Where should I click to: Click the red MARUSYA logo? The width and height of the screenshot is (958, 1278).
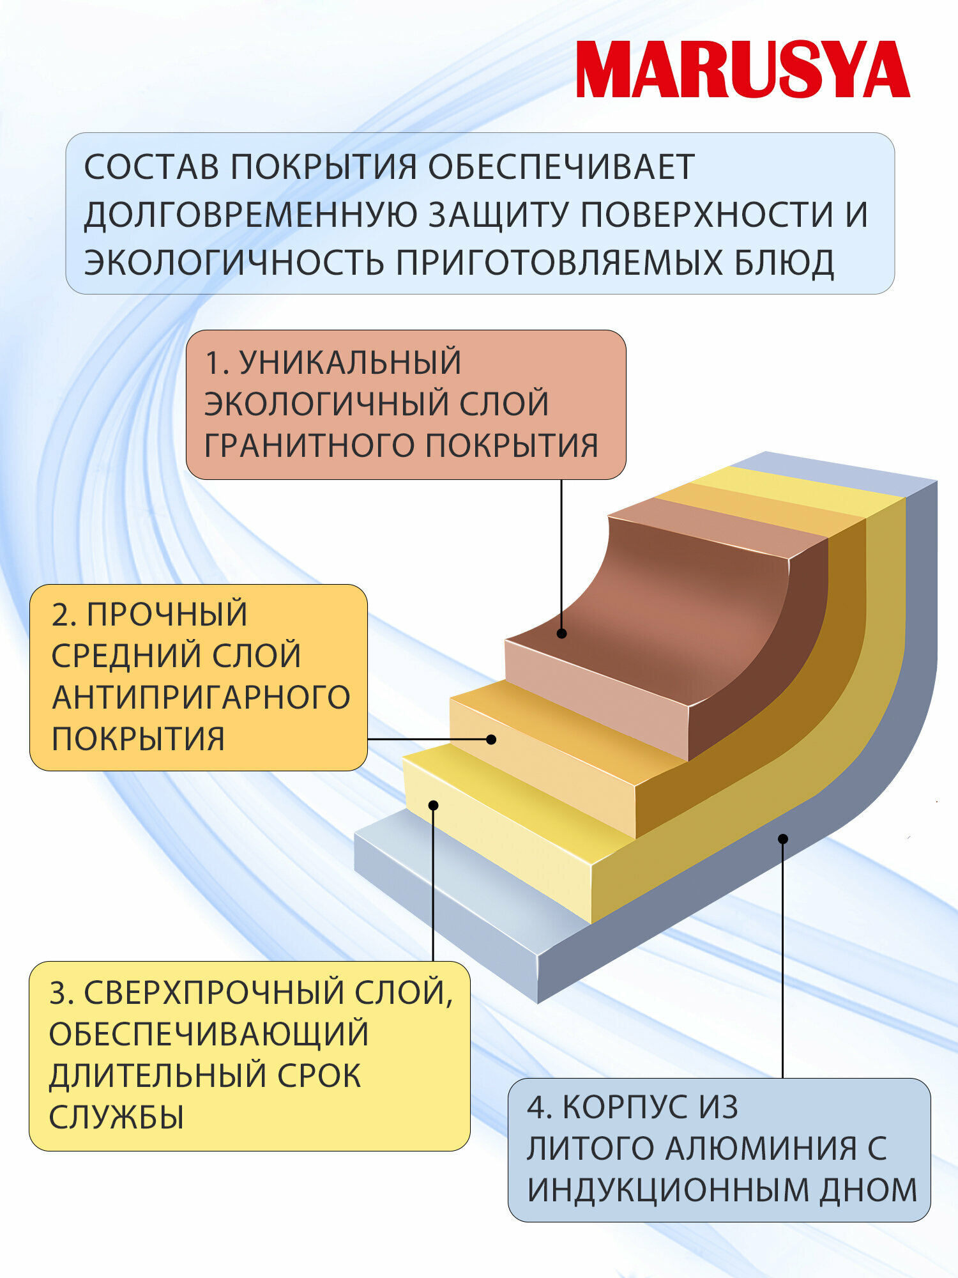point(743,70)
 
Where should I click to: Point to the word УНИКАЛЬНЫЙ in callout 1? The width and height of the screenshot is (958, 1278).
point(350,362)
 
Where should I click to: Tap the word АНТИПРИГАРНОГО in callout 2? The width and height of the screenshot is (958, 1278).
point(201,697)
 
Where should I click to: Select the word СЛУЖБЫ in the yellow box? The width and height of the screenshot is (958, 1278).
point(116,1117)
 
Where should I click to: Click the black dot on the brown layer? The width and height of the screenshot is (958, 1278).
point(561,633)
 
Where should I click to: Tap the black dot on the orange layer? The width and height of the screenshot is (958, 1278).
point(490,739)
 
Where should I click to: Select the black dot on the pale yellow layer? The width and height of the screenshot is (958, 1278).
point(433,805)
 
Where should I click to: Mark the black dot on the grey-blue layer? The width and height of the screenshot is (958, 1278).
point(783,838)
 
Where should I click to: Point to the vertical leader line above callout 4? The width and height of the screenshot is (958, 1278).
point(783,958)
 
